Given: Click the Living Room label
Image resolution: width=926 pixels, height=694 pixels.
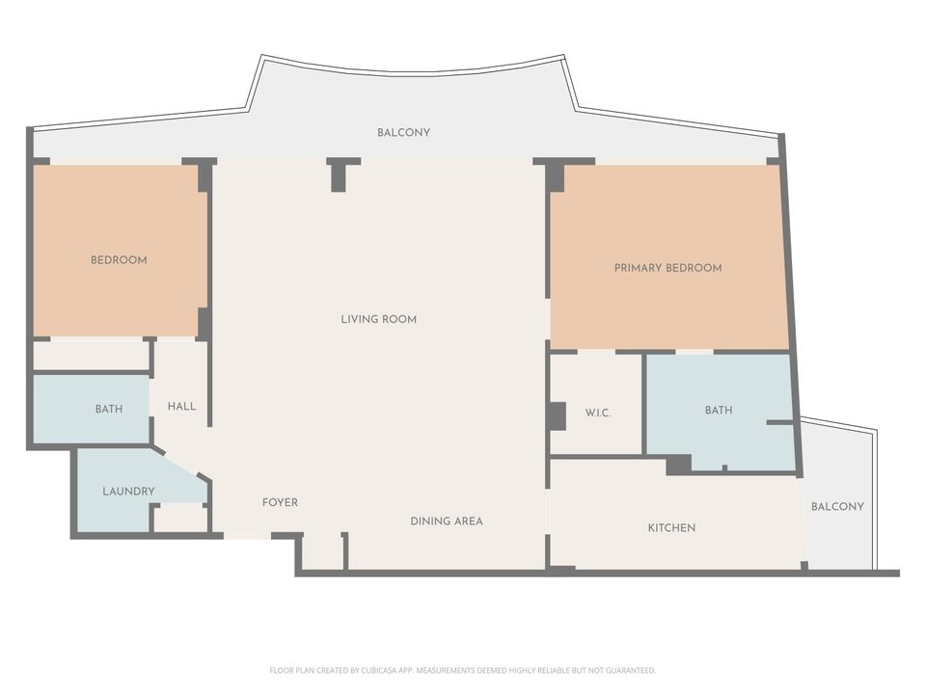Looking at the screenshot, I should tap(378, 319).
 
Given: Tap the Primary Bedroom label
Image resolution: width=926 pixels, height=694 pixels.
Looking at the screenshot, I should tap(667, 268).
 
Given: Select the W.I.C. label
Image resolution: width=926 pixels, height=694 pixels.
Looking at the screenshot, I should tap(598, 413).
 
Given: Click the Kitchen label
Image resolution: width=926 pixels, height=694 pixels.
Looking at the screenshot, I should tap(671, 528).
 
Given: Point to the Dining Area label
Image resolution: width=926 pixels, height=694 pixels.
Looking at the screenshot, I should tap(446, 521).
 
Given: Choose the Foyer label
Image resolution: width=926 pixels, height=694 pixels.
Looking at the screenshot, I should tap(280, 503).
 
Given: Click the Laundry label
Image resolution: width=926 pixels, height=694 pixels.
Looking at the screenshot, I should tap(128, 492).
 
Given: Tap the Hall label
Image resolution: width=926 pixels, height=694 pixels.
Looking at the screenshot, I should tap(181, 407).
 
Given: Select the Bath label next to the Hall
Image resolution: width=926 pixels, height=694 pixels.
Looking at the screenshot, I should tap(108, 410).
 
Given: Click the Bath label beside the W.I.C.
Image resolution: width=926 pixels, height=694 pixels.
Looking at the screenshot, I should tap(718, 411).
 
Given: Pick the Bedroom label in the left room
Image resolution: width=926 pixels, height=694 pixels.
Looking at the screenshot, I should tap(119, 260).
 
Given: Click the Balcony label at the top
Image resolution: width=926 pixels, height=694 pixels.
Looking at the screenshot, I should tap(403, 133).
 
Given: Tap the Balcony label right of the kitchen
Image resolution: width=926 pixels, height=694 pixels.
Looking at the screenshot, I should tap(837, 507).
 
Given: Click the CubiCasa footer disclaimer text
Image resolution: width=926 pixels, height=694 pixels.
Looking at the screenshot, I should tap(462, 670).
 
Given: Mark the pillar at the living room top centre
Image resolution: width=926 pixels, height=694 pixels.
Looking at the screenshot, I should tap(339, 176).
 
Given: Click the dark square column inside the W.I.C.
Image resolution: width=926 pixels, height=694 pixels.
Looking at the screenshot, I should tap(557, 415).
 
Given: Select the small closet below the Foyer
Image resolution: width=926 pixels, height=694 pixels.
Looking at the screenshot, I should tap(323, 552).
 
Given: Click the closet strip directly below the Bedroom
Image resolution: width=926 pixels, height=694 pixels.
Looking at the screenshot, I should tap(91, 356).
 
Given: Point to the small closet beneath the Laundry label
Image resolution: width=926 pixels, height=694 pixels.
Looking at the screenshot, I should tap(180, 519).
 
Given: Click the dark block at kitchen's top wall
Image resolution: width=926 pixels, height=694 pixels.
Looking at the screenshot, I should tap(678, 466).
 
